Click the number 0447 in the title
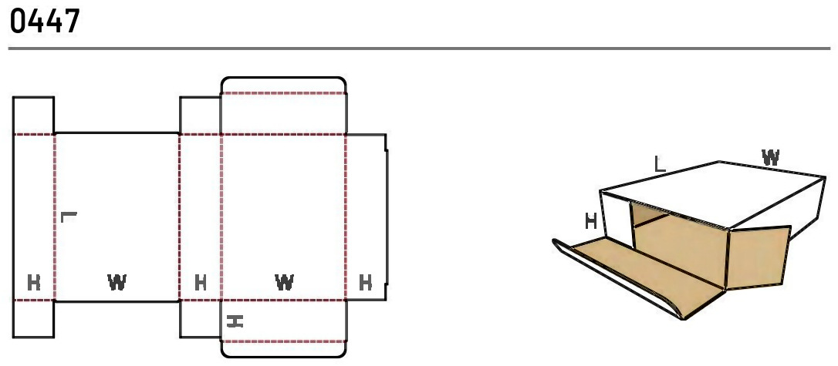click(44, 22)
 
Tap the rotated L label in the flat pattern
click(69, 217)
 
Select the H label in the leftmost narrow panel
click(34, 282)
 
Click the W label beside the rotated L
click(117, 282)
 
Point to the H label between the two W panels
click(201, 282)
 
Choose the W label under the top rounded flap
click(284, 282)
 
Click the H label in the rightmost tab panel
click(366, 282)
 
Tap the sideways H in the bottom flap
click(235, 321)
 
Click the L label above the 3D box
click(661, 164)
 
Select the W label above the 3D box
click(770, 157)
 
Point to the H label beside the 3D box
click(590, 220)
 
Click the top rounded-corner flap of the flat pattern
click(284, 86)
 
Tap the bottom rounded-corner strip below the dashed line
click(284, 349)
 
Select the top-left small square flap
click(33, 116)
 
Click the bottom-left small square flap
click(33, 319)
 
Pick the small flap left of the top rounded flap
click(201, 116)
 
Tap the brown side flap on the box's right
click(758, 257)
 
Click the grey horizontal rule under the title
click(419, 49)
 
